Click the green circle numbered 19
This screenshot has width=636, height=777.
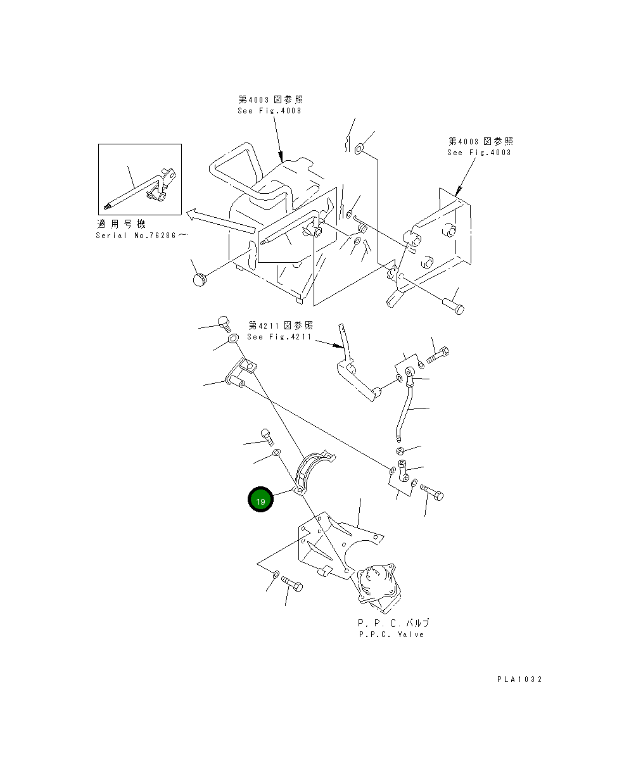(x=260, y=500)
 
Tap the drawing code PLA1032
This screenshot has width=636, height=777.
(x=519, y=679)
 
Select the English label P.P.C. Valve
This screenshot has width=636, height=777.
(x=391, y=634)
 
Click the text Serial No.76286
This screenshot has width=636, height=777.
(x=141, y=236)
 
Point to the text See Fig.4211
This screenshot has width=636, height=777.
(x=279, y=337)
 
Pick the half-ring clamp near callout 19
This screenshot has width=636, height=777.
(x=314, y=472)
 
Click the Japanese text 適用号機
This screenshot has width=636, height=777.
(x=120, y=224)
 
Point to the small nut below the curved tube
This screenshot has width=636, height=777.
(x=400, y=451)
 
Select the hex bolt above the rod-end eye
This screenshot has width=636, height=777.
(x=437, y=356)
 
